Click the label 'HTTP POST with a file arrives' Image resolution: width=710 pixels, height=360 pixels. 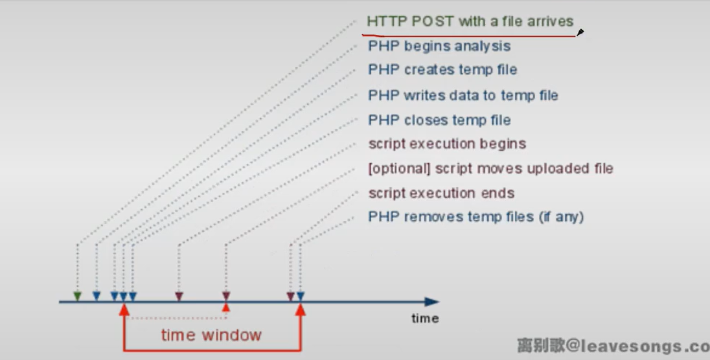470,21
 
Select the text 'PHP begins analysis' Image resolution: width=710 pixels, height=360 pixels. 439,46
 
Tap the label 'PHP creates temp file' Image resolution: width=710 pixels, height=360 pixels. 442,70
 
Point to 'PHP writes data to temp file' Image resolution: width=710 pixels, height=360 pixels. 463,96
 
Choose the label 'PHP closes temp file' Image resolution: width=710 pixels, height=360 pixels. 439,120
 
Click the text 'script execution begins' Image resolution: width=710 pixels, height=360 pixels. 448,144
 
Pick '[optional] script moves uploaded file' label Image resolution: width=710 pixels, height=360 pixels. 491,168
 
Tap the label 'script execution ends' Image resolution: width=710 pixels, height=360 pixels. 442,193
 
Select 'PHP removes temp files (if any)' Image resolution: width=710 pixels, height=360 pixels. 476,217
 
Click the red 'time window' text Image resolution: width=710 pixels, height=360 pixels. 211,335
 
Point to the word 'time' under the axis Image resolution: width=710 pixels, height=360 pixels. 425,319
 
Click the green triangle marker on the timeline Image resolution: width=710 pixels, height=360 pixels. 78,296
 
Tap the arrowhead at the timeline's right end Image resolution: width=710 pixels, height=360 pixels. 431,302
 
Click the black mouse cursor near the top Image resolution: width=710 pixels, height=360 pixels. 580,32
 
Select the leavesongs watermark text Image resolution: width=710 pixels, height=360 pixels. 613,346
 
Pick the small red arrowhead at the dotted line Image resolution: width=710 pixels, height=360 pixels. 226,308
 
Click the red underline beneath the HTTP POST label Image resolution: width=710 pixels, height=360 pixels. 468,36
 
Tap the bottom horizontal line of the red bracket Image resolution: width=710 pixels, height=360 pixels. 212,350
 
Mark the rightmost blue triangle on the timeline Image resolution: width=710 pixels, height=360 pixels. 300,296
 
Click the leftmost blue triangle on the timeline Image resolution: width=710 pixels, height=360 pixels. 97,296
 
